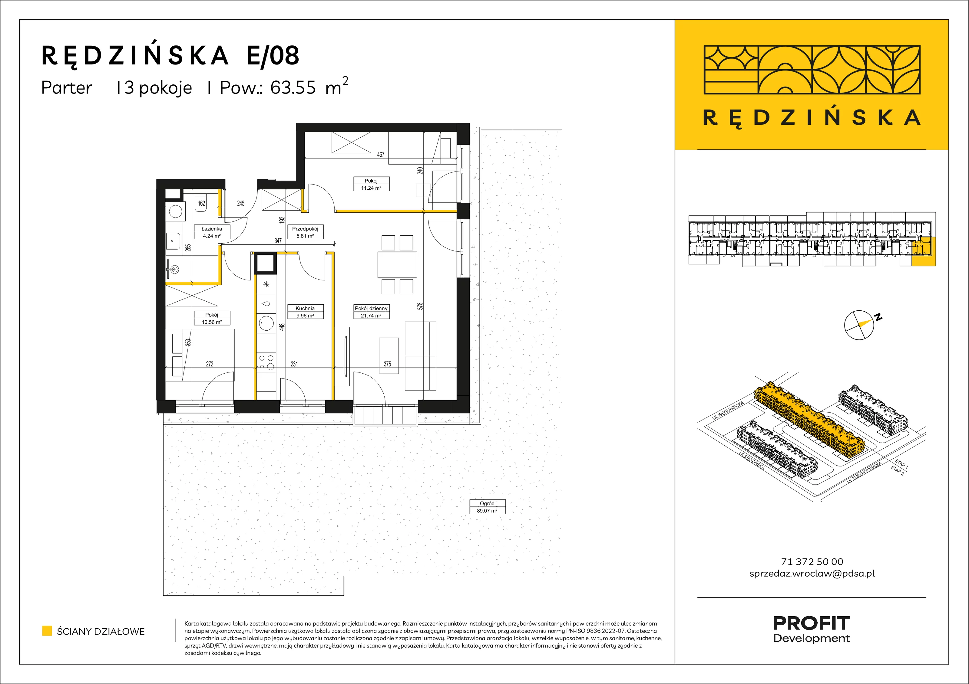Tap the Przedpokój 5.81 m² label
[305, 232]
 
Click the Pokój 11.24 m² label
[371, 184]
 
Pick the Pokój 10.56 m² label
[212, 318]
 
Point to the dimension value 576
[420, 306]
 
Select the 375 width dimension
[387, 364]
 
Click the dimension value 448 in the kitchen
[282, 327]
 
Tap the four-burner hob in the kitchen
[266, 362]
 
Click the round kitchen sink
[266, 323]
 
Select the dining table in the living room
[397, 265]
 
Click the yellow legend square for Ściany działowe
[47, 631]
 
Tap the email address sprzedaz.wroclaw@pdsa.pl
[812, 574]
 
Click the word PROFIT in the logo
[811, 623]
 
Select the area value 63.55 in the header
[293, 88]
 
